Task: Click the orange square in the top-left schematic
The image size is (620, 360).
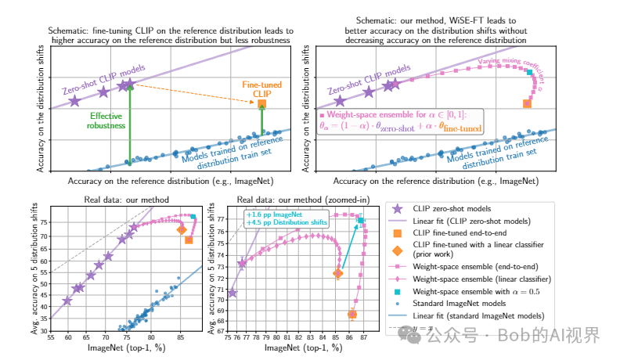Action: tap(261, 104)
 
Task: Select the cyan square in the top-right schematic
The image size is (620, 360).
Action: tap(529, 73)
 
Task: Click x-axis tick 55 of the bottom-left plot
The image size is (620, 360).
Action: tap(51, 337)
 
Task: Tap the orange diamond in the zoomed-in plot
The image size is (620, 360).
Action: tap(337, 273)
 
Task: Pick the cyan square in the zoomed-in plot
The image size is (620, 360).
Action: tap(361, 221)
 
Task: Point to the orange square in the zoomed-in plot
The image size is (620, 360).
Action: tap(352, 315)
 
